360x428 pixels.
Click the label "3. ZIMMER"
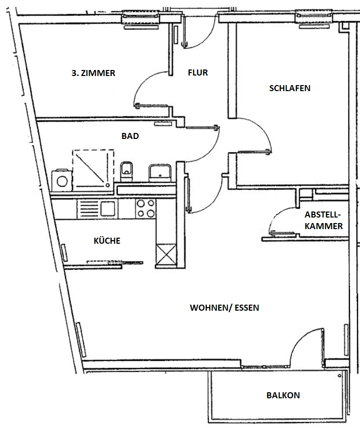click(93, 73)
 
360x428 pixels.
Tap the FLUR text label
click(198, 73)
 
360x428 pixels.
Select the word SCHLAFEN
click(290, 88)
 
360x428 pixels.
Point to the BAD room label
click(130, 136)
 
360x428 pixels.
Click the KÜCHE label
click(107, 241)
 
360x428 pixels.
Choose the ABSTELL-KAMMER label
click(324, 220)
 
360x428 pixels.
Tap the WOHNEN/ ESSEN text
click(224, 308)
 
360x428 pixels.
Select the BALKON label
click(283, 395)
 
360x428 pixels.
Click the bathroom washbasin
click(160, 172)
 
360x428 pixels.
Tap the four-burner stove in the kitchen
click(146, 208)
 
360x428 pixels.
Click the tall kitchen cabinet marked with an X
click(166, 254)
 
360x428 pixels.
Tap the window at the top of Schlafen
click(315, 17)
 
